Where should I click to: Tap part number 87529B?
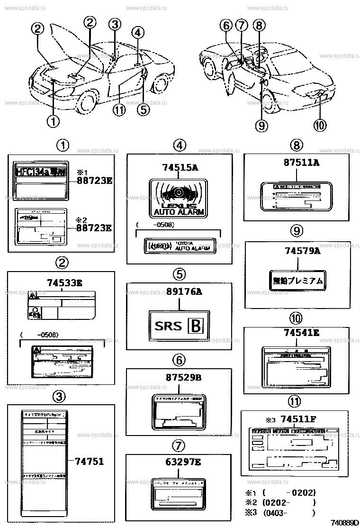(x=177, y=378)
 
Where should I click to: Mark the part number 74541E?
(x=301, y=333)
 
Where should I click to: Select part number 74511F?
(x=297, y=418)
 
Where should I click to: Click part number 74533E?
(x=64, y=283)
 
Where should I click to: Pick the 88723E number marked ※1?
(x=95, y=180)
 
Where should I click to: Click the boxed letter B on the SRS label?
(x=195, y=326)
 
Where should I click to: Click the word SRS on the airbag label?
(x=168, y=326)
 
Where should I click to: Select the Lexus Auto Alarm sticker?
(x=179, y=199)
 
